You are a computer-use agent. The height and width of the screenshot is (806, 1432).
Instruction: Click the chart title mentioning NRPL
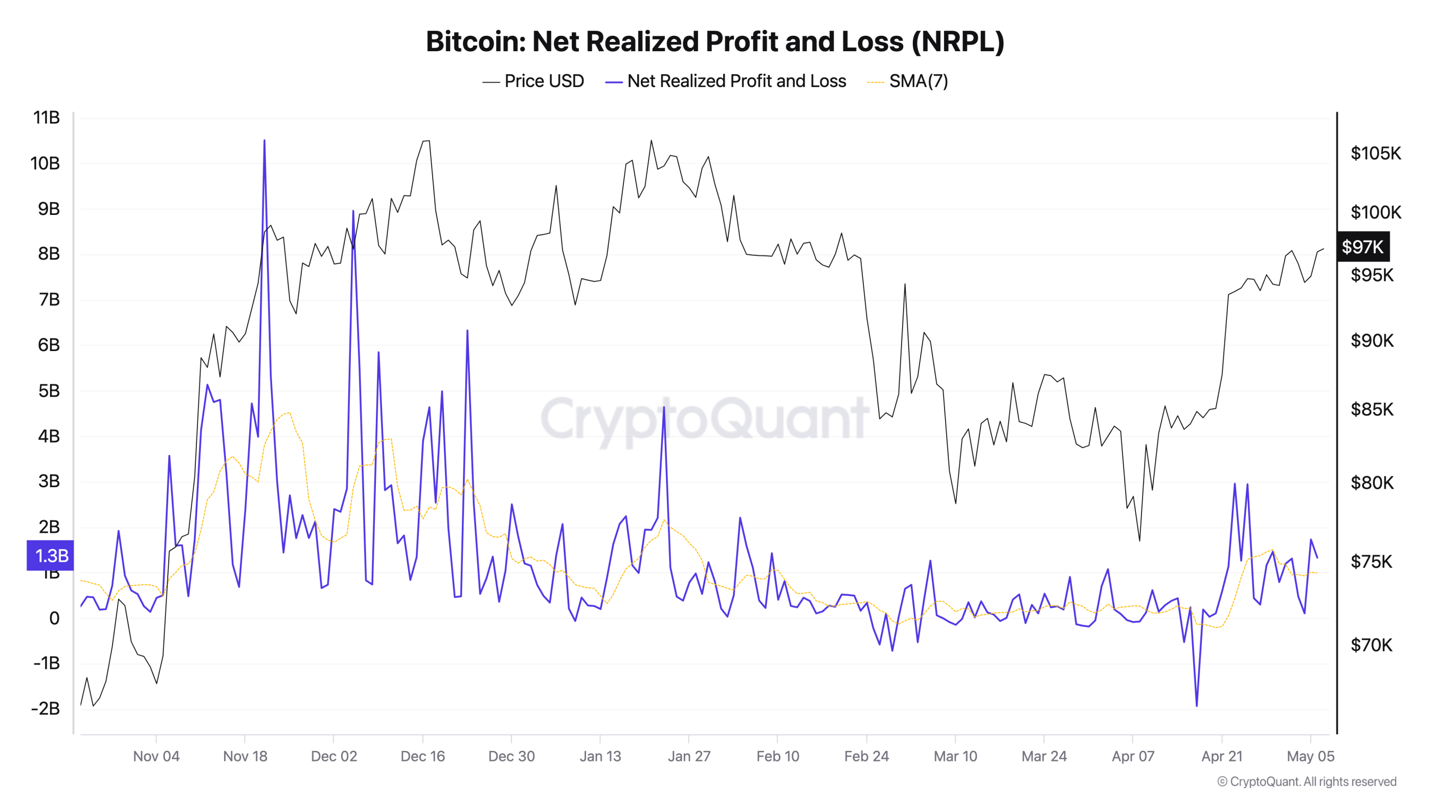715,42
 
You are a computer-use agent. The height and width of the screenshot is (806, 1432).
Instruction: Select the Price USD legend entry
533,81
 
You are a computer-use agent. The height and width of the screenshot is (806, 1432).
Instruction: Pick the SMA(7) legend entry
908,81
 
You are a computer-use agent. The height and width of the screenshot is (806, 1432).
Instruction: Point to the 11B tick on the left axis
46,117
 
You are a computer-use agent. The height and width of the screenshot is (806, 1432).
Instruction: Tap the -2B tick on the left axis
46,708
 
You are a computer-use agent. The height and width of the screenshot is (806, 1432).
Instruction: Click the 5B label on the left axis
49,390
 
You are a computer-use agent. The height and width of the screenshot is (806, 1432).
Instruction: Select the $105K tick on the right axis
1375,153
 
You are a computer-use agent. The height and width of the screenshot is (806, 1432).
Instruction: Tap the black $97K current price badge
1362,247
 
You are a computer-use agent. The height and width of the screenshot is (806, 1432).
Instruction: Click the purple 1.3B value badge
51,555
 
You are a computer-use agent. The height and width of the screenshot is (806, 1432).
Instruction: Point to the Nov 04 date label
156,756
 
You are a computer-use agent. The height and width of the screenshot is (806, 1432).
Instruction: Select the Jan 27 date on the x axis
689,756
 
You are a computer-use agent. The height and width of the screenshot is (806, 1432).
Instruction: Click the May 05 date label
1310,756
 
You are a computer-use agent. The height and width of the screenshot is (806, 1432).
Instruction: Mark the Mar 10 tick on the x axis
955,756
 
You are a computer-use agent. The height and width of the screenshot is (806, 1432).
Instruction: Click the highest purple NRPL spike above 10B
264,141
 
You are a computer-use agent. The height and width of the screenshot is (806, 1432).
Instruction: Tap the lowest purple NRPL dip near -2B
1196,705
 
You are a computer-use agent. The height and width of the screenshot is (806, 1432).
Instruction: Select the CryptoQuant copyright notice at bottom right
1306,781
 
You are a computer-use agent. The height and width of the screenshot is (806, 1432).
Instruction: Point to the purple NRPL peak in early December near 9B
353,212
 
